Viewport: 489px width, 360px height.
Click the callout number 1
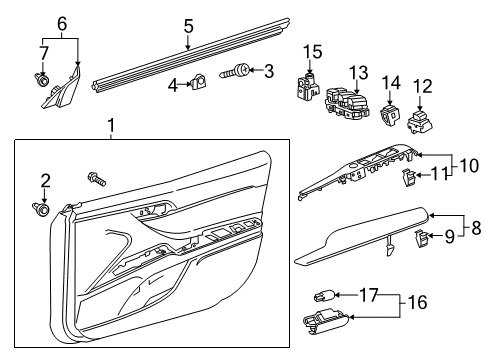coord(111,126)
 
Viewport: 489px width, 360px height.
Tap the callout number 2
coord(44,180)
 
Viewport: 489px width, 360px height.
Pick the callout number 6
coord(61,22)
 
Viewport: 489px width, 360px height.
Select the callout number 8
coord(475,228)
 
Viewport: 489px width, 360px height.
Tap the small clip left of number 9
coord(423,237)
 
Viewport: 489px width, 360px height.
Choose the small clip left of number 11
coord(410,177)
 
